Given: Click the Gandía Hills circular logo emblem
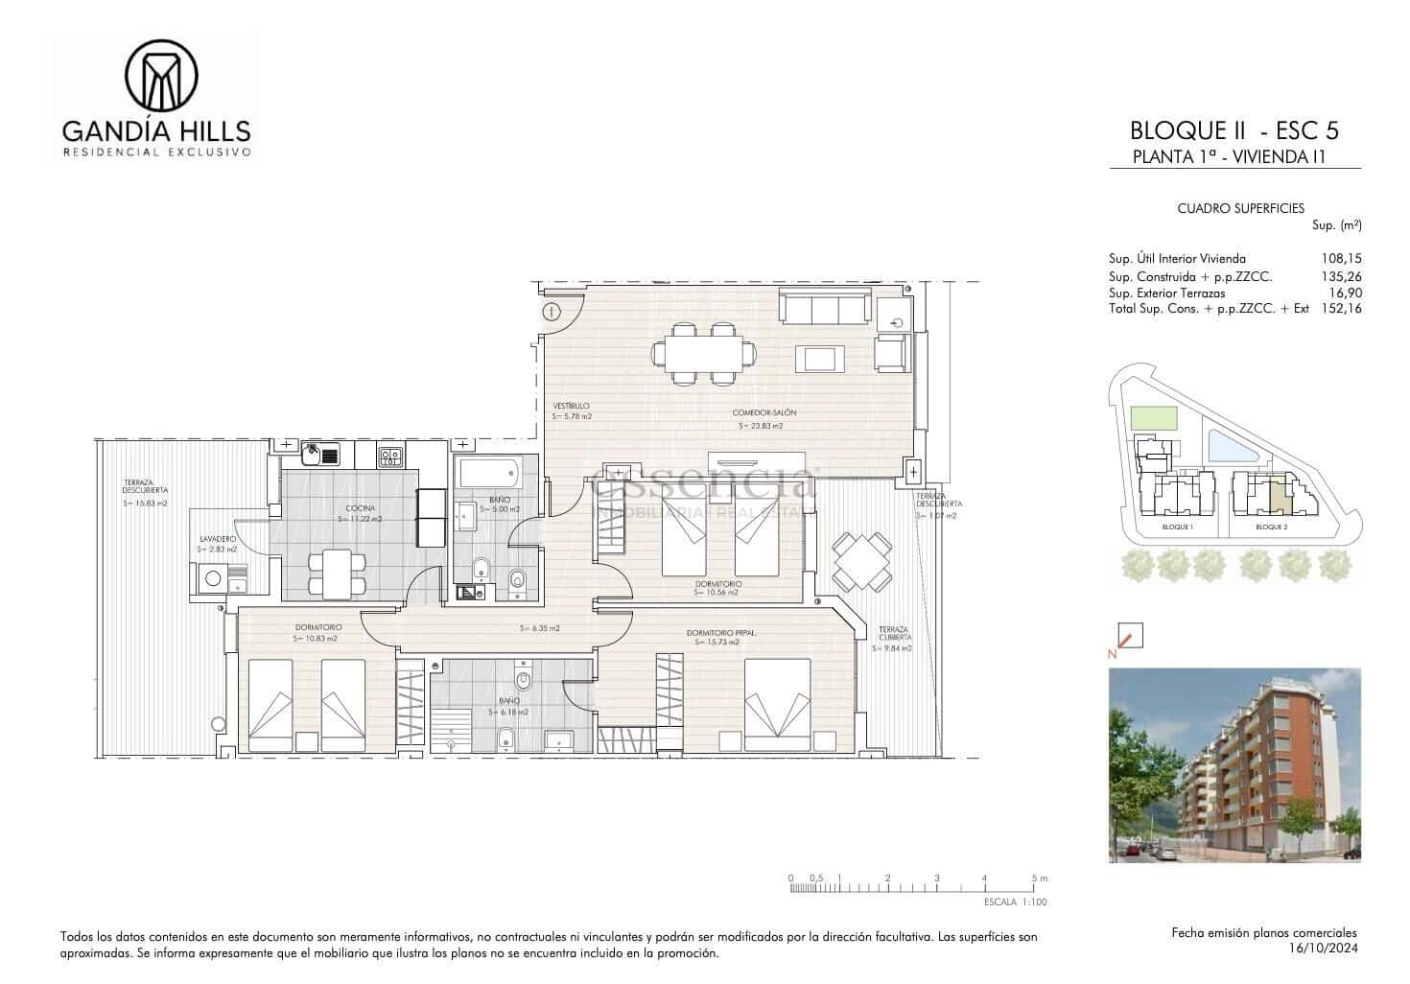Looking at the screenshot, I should (x=162, y=74).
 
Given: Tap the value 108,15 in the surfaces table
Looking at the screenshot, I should (x=1341, y=258).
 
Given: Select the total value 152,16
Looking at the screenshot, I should (x=1341, y=308).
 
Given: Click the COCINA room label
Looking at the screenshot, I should (x=361, y=508).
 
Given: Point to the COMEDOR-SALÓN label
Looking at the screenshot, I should (x=764, y=412).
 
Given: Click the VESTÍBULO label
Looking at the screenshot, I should (x=571, y=406).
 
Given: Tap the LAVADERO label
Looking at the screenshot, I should (x=218, y=539).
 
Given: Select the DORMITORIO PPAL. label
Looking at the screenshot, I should (x=717, y=632).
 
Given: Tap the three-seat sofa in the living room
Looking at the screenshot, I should (x=821, y=307).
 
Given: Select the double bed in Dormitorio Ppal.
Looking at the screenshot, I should (x=778, y=705).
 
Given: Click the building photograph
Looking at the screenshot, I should (x=1234, y=765).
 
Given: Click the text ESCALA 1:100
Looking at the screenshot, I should (x=1016, y=902).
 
